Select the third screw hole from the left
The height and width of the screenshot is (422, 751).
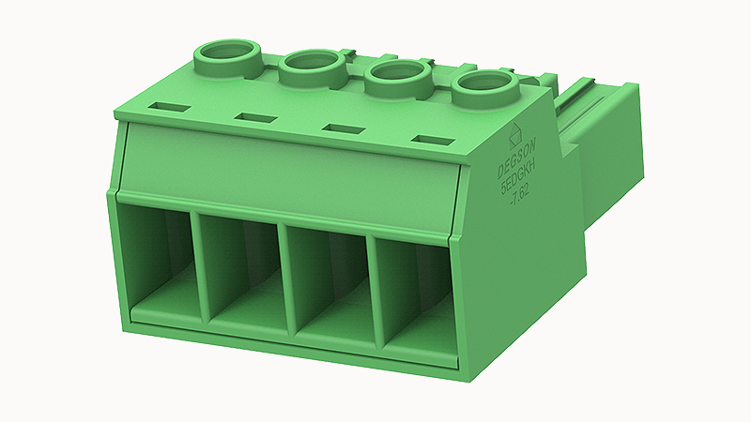pyautogui.click(x=396, y=74)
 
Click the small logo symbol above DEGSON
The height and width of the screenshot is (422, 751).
pyautogui.click(x=514, y=133)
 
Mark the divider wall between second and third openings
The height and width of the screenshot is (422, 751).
pyautogui.click(x=286, y=279)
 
